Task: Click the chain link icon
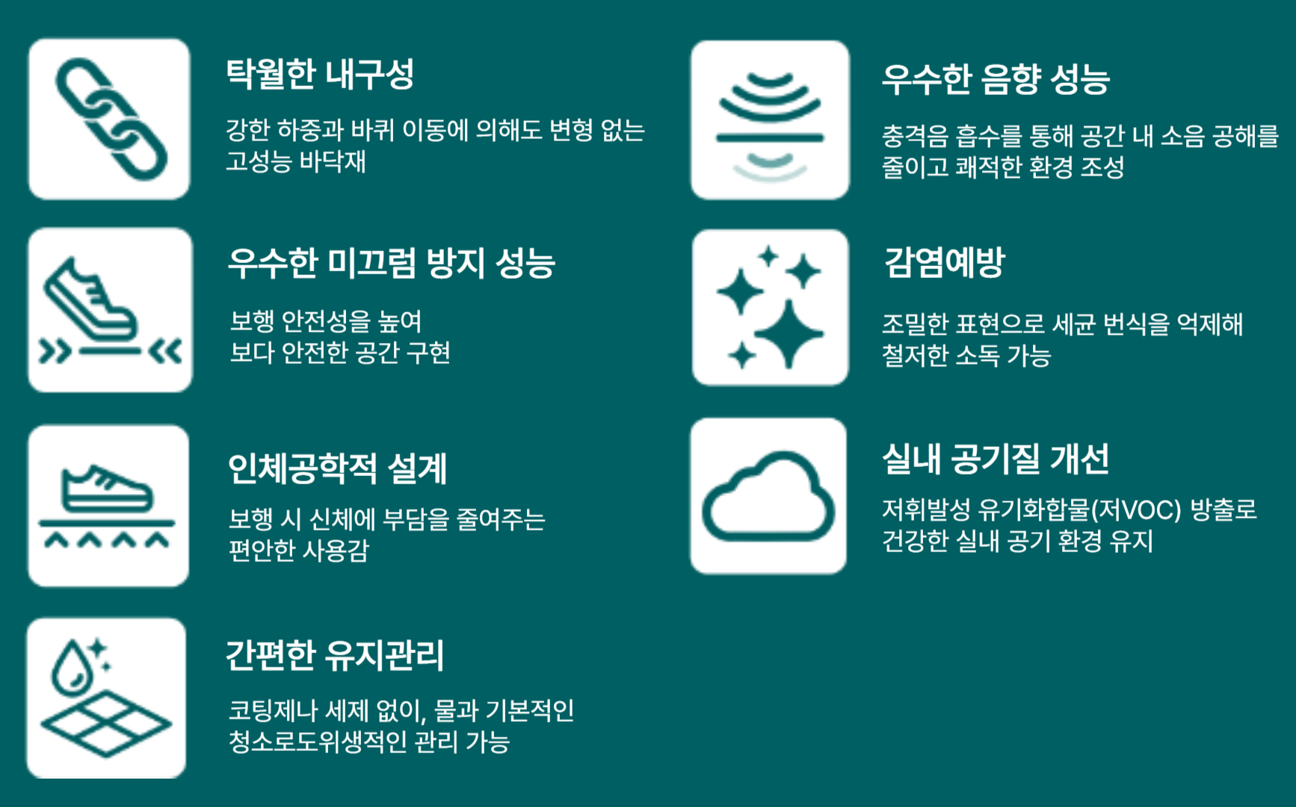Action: [112, 120]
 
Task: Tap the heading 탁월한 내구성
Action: [320, 74]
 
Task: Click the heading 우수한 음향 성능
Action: [996, 79]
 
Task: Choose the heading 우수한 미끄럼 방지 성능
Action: [392, 263]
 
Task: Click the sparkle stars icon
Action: [770, 307]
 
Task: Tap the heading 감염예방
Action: [944, 262]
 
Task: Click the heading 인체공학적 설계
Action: [337, 469]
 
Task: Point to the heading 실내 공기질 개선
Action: [996, 459]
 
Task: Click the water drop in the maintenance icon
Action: [72, 667]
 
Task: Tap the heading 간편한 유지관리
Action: [335, 655]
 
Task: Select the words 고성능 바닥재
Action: [296, 161]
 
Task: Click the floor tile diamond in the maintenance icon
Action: [106, 723]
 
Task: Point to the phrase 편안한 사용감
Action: [299, 551]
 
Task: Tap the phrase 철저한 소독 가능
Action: [966, 355]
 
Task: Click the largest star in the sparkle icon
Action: [789, 334]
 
